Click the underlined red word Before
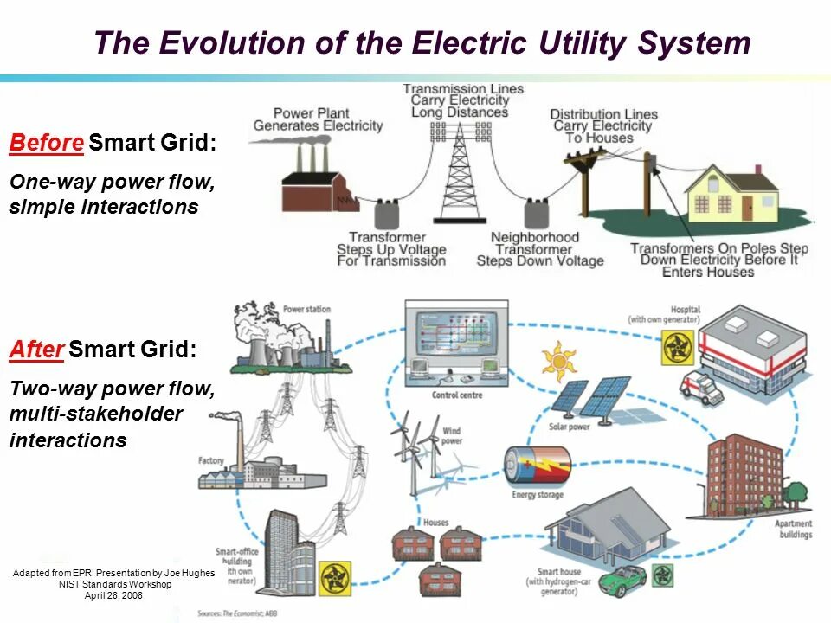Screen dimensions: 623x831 coord(47,143)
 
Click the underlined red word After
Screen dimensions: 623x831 coord(36,350)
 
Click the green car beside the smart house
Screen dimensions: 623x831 coord(622,580)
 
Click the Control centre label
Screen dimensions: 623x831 coord(457,395)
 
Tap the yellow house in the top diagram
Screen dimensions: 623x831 coord(732,196)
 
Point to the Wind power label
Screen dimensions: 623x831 coord(452,435)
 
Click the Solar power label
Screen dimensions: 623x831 coord(569,427)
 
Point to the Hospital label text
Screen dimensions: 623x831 coord(685,309)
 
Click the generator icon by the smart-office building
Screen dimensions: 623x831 coord(335,577)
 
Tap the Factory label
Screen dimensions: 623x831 coord(210,461)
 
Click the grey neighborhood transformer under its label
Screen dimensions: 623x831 coord(538,214)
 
